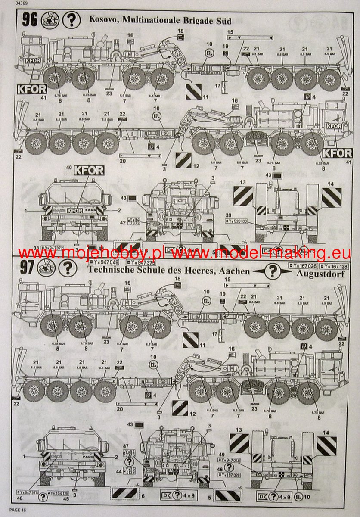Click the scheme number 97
[x=27, y=268]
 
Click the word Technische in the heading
[x=109, y=271]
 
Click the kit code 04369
[x=9, y=3]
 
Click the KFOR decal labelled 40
[x=89, y=170]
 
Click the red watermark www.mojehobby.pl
[x=92, y=254]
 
